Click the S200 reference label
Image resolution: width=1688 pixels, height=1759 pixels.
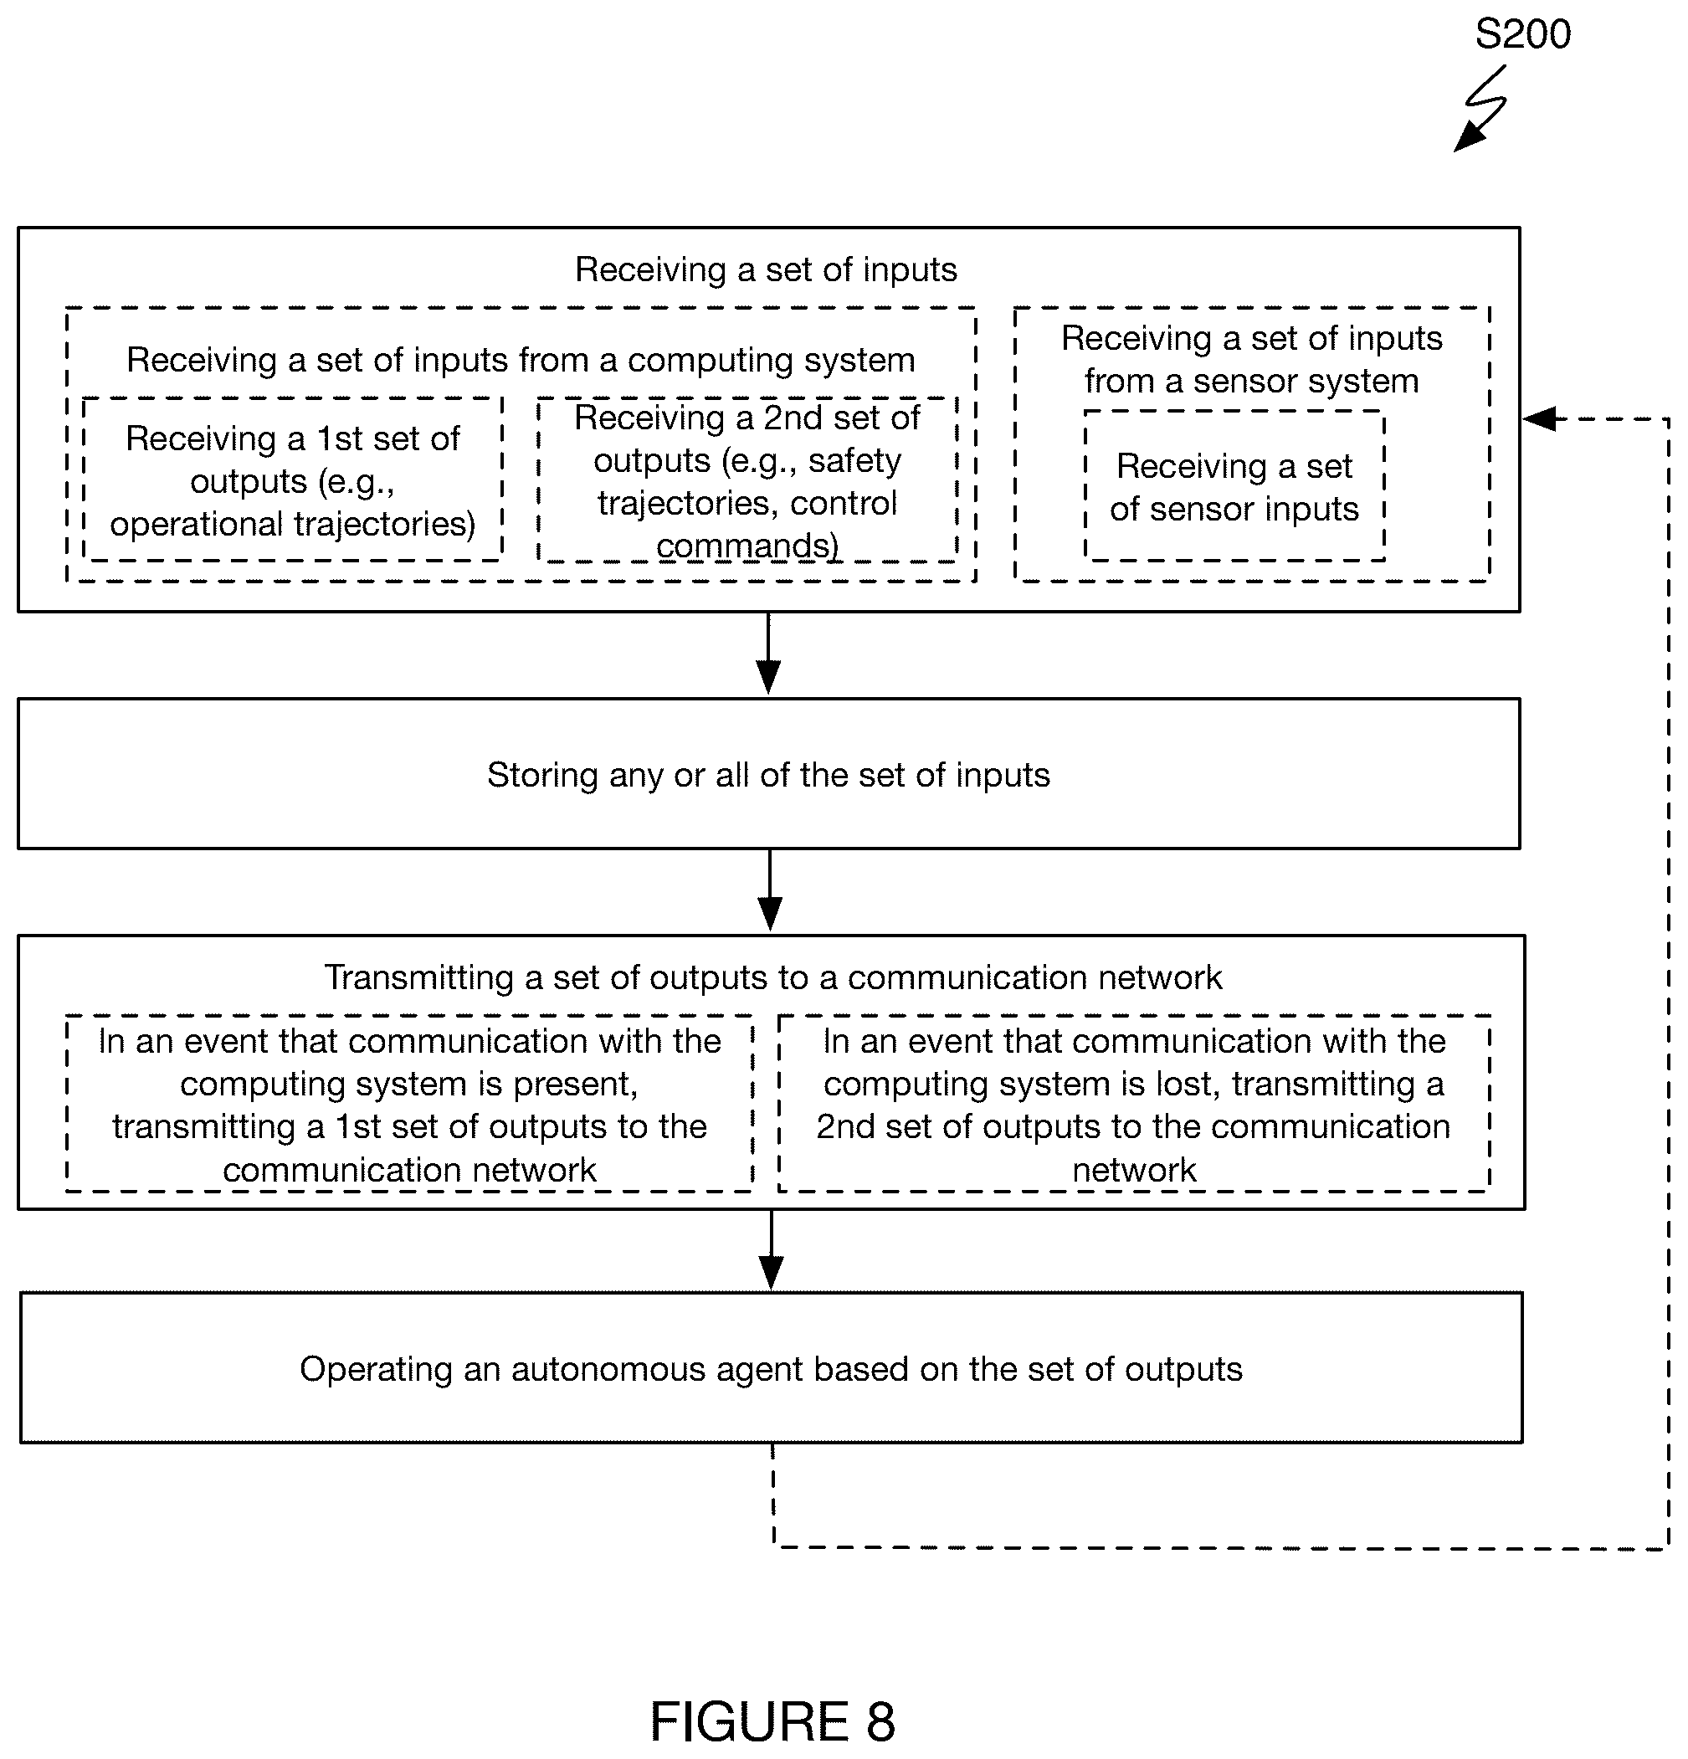tap(1522, 34)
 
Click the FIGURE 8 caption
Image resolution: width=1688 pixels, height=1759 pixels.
tap(772, 1721)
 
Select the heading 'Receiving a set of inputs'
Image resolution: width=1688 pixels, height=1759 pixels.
tap(766, 269)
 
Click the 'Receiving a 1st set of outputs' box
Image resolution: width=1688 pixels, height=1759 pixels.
tap(293, 480)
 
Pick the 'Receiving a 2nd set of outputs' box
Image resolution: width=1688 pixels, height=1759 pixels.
tap(747, 480)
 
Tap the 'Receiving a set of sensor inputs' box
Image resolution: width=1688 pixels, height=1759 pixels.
tap(1234, 486)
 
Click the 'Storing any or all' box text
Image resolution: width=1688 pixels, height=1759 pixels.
tap(768, 775)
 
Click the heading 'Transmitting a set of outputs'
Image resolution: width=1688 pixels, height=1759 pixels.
tap(772, 977)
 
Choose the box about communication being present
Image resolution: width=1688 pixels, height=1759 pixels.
tap(409, 1104)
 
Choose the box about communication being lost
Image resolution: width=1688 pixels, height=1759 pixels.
tap(1133, 1104)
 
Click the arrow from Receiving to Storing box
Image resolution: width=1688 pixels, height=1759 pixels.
tap(768, 654)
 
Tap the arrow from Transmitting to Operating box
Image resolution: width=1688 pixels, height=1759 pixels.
tap(771, 1249)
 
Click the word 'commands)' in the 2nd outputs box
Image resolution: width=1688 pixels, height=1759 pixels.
tap(747, 545)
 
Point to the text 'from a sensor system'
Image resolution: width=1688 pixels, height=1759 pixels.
tap(1251, 382)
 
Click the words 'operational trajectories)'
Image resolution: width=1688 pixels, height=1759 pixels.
tap(293, 524)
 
